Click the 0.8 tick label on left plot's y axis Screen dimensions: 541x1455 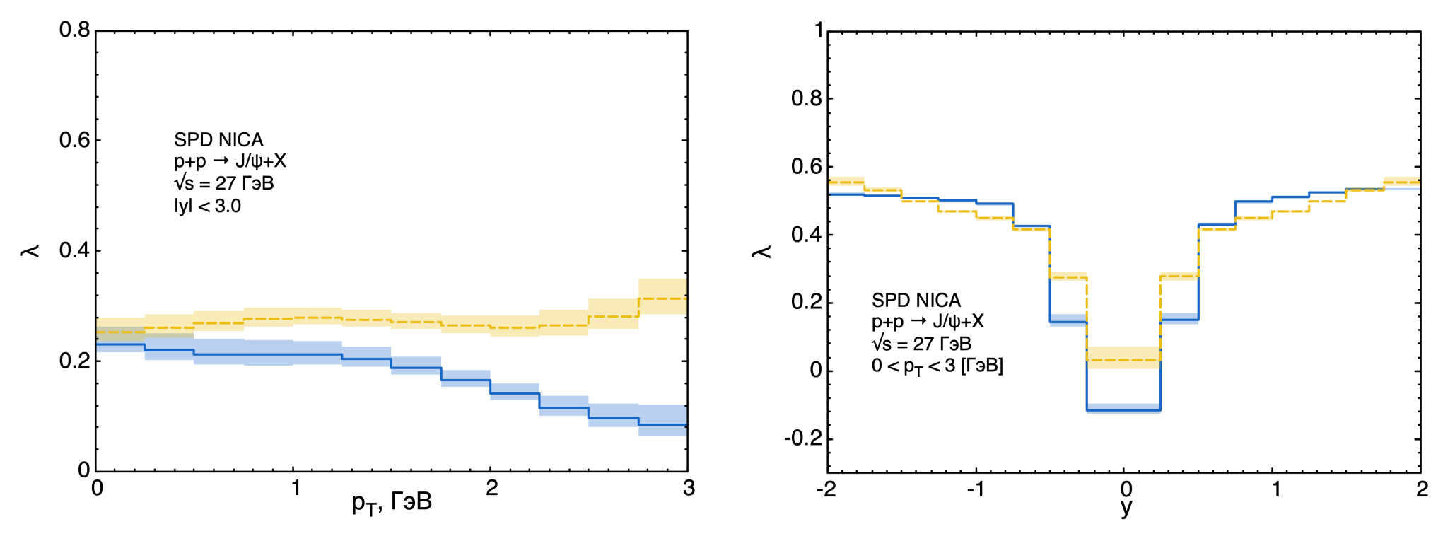(x=74, y=30)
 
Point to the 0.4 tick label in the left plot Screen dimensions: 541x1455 (x=74, y=250)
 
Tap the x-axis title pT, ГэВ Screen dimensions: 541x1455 (x=392, y=504)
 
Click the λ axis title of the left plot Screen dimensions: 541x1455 (x=30, y=250)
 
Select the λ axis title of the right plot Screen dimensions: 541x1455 (x=762, y=251)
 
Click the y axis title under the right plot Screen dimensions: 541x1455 (x=1126, y=507)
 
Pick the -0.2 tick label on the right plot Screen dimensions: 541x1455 (x=803, y=438)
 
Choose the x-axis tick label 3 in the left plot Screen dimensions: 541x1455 (x=689, y=488)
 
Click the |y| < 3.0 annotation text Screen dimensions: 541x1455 (x=208, y=206)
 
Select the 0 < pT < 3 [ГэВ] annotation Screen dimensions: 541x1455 (x=937, y=366)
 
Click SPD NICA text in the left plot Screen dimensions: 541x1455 (x=218, y=139)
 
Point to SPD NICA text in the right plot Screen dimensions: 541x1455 (x=916, y=301)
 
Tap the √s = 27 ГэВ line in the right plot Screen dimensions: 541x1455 (x=921, y=344)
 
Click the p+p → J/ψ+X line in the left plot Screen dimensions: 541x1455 (x=230, y=161)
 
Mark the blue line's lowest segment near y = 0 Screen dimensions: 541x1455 (x=1123, y=410)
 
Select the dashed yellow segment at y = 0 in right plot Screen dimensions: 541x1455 (x=1123, y=360)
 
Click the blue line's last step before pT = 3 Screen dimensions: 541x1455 (x=662, y=425)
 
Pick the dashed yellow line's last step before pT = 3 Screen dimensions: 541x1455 (x=662, y=298)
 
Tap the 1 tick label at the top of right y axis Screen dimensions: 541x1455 (x=819, y=30)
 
